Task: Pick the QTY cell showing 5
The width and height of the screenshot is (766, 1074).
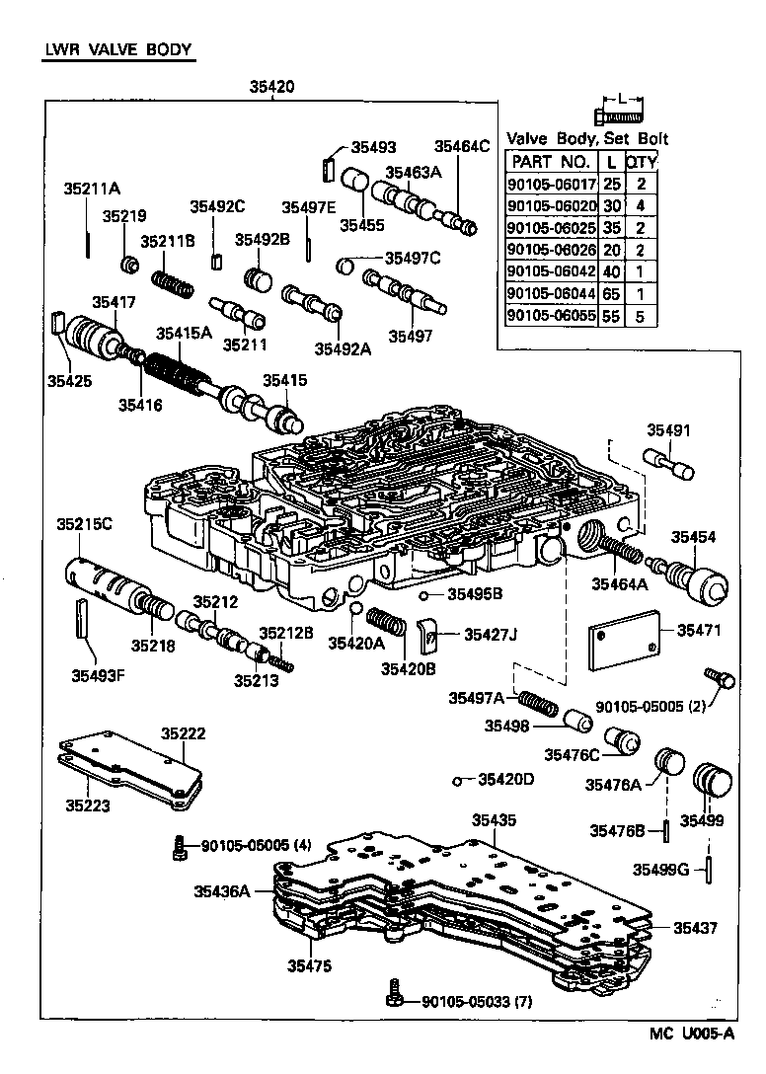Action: (x=641, y=315)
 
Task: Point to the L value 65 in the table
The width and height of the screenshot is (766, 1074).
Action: (x=612, y=293)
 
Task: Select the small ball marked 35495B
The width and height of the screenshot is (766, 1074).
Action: (x=421, y=595)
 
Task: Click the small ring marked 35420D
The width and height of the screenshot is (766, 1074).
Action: (x=457, y=781)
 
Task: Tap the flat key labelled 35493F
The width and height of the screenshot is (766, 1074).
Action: (x=83, y=618)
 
